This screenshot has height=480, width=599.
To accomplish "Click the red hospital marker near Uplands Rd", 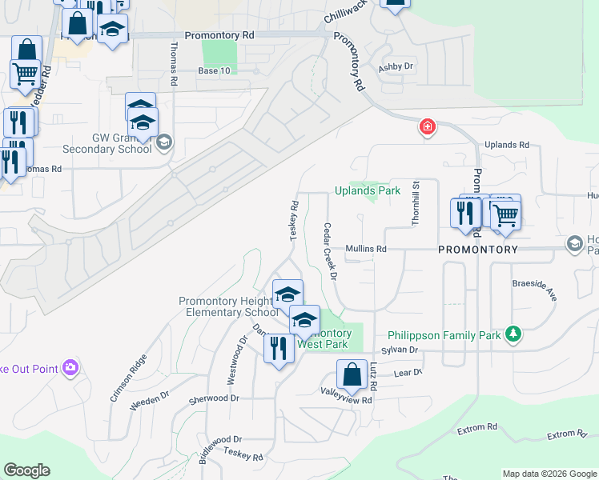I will (428, 127).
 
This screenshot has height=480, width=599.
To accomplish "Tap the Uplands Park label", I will (367, 191).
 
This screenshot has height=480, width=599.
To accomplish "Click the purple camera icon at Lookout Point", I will (71, 367).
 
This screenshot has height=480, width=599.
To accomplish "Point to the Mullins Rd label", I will (366, 250).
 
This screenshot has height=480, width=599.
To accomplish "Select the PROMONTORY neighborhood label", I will (478, 250).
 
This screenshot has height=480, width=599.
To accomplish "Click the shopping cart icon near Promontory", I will (505, 214).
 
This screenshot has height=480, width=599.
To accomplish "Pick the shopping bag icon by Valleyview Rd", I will (352, 374).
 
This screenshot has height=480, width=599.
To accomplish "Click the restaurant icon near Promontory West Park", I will (279, 349).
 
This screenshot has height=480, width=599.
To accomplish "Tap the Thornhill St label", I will (416, 203).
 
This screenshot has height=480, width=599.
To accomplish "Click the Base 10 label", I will (214, 70).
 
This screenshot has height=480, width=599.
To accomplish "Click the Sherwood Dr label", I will (213, 398).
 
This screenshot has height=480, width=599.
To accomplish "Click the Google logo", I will (26, 470).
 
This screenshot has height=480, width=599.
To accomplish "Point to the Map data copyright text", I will (549, 474).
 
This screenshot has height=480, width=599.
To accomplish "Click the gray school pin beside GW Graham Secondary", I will (163, 143).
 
